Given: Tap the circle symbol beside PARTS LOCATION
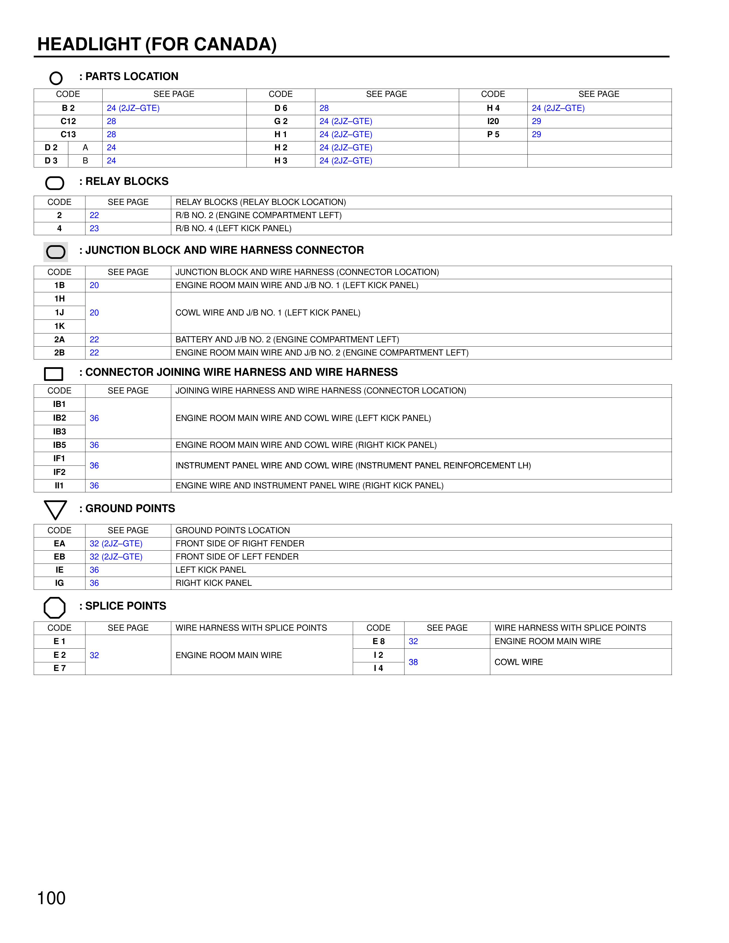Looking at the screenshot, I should (x=56, y=78).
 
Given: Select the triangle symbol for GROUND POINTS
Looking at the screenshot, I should (x=55, y=510).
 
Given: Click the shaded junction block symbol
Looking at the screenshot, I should (x=56, y=252).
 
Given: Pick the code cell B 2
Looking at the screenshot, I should (x=68, y=108).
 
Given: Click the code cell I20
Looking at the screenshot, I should (x=493, y=121).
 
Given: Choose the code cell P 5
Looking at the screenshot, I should (x=493, y=134).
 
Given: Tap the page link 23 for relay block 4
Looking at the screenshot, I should (x=94, y=228).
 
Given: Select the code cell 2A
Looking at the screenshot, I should (x=59, y=339).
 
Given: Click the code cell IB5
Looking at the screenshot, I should (x=59, y=445).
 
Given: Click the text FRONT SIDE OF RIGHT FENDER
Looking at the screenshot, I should (x=240, y=543).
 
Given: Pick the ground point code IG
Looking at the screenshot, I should (x=59, y=583).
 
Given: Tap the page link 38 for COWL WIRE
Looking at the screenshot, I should (x=413, y=662).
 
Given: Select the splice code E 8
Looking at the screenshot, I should (x=378, y=641).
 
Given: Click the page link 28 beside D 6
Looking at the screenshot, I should (x=324, y=108).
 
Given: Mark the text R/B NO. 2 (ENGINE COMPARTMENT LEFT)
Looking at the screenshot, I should (x=258, y=215).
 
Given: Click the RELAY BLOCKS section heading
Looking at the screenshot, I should (x=127, y=181).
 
